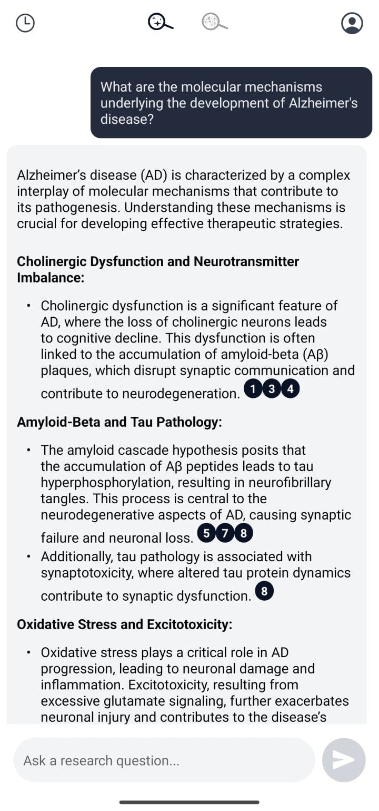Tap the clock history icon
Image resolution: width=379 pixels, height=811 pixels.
(x=25, y=23)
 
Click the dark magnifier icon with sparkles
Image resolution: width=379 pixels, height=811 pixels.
(x=160, y=22)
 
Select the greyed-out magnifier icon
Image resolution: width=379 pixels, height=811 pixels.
(x=214, y=22)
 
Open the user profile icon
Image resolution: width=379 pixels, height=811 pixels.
(x=352, y=23)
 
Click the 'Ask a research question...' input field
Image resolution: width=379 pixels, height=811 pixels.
(x=164, y=760)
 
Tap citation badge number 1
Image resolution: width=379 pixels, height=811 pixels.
(x=254, y=389)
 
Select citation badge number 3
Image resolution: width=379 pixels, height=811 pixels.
(x=272, y=389)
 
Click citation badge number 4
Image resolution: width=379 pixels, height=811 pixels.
(x=290, y=389)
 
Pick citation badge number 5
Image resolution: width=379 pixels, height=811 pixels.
(x=206, y=534)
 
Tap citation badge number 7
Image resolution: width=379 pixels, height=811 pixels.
(x=225, y=534)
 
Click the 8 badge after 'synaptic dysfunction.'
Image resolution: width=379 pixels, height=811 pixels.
(x=264, y=592)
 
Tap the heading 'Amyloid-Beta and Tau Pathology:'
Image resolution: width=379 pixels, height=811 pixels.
(x=119, y=423)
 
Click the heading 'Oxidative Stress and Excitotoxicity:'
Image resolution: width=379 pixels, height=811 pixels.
(x=124, y=624)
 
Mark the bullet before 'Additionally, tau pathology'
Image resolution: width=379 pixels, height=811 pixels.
(x=28, y=556)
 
